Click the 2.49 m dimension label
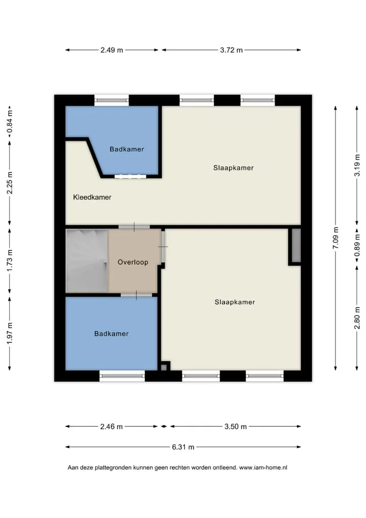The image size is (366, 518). point(111,50)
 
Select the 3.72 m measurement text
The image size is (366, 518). point(231,50)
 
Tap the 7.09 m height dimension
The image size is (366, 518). point(335,238)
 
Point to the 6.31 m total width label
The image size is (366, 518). point(183,447)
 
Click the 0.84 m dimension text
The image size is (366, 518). point(10,122)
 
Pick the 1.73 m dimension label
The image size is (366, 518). point(10,261)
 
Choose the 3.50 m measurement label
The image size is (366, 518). point(236,426)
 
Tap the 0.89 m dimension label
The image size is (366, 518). point(357,245)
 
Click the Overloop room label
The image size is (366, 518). point(133,262)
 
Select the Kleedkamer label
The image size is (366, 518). point(92,197)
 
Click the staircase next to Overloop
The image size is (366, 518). point(87,261)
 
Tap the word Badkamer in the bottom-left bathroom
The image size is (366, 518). point(111,334)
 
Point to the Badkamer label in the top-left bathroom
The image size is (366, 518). point(127,149)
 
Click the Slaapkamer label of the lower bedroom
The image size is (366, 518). point(235,302)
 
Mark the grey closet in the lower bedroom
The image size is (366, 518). point(296,246)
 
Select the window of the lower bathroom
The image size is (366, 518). point(122,376)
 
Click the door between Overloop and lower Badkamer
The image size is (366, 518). point(136,295)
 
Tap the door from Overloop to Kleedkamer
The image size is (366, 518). point(134,227)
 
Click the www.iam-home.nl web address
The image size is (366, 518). point(263,468)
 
